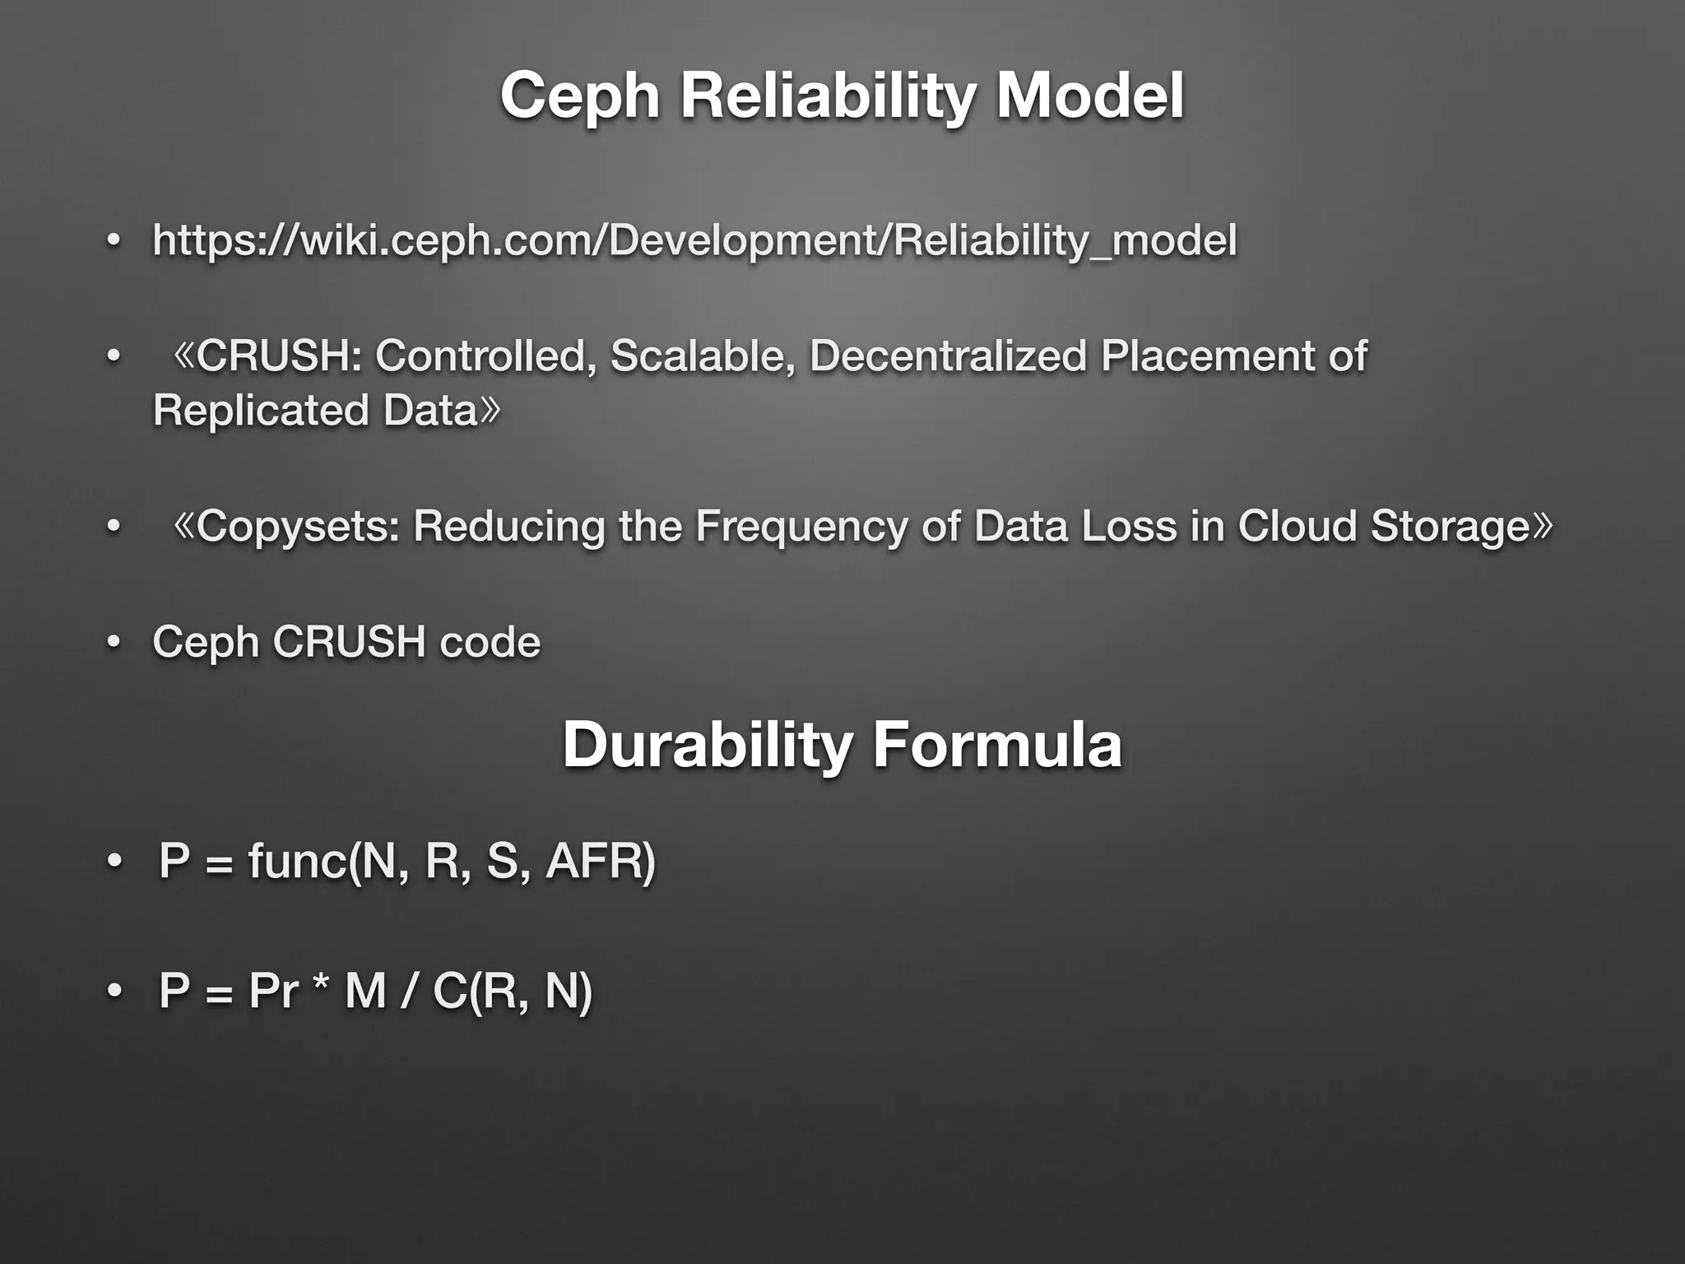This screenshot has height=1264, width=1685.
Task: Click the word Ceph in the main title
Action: [580, 96]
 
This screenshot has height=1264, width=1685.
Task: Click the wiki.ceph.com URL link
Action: [694, 240]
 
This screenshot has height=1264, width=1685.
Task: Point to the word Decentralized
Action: [948, 356]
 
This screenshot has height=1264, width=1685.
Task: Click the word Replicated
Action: [261, 411]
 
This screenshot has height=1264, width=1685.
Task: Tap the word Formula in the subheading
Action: [996, 745]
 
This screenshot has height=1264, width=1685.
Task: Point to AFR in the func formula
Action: [594, 862]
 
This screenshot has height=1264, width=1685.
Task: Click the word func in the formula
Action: [297, 862]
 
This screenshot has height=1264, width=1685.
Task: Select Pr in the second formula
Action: [272, 990]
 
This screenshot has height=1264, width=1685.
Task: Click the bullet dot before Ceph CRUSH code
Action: [114, 642]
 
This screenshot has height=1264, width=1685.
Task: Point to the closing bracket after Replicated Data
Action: [490, 411]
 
